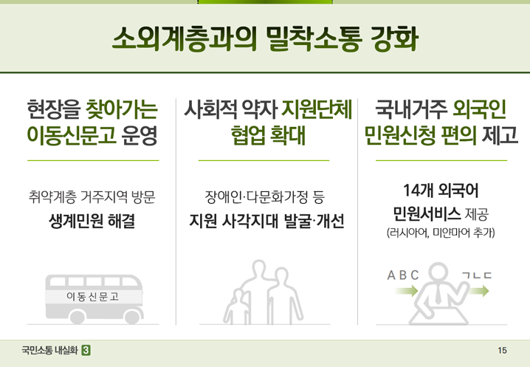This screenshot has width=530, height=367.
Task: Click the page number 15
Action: (502, 351)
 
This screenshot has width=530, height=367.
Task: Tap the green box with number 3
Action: (86, 350)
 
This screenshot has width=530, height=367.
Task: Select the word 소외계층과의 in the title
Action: (185, 38)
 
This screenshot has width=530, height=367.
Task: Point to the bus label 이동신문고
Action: (92, 297)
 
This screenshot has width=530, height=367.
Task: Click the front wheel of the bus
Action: (132, 316)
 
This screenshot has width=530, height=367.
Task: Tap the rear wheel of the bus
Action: (77, 317)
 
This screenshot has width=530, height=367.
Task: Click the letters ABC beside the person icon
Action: (403, 275)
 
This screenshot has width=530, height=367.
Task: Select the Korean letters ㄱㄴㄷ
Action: (477, 275)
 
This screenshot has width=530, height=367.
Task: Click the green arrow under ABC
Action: (407, 290)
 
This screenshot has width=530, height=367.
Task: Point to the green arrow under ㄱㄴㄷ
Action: (479, 290)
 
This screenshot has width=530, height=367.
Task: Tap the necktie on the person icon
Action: (438, 294)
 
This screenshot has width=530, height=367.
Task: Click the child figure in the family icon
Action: (237, 306)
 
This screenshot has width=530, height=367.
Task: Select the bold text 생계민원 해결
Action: (92, 222)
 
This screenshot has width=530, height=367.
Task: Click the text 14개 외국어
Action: (441, 190)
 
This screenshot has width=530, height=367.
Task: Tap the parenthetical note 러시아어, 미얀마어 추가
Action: (441, 233)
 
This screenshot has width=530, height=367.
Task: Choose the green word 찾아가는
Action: (122, 109)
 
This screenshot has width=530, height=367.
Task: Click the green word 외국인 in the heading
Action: (479, 109)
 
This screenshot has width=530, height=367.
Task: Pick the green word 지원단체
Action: (317, 109)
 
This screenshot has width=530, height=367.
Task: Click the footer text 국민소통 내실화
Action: (49, 350)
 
